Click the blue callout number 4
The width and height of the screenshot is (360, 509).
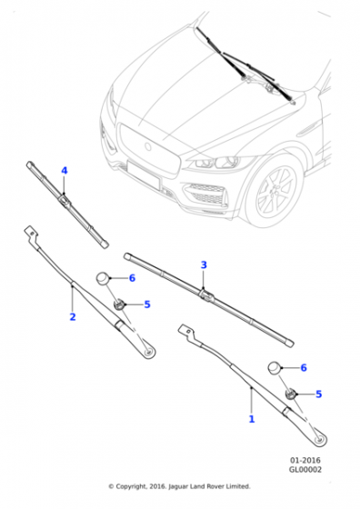65,171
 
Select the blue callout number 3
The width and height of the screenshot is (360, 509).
204,264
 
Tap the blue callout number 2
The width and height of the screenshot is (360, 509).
73,317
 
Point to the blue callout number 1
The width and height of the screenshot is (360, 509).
251,419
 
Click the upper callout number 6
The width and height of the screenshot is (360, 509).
132,278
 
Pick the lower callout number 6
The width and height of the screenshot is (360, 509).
305,367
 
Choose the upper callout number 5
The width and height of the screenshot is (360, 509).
147,304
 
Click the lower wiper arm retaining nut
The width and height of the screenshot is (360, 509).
291,394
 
